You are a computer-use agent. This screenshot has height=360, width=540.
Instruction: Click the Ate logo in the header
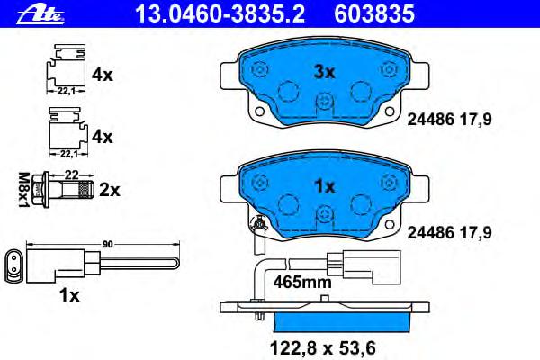(40, 14)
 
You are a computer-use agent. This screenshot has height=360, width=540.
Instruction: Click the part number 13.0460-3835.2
(220, 14)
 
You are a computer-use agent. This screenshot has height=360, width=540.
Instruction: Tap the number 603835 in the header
(374, 14)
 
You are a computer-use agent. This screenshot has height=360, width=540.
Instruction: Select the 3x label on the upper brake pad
(324, 72)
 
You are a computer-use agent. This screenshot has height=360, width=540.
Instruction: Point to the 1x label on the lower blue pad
(325, 186)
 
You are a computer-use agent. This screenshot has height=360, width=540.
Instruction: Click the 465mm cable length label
(302, 283)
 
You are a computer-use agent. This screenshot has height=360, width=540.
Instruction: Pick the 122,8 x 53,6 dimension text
(323, 348)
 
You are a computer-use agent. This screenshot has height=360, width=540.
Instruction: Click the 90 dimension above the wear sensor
(107, 244)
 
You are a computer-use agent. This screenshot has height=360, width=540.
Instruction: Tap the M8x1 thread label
(23, 190)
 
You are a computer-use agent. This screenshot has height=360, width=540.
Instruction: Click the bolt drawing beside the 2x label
(63, 190)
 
